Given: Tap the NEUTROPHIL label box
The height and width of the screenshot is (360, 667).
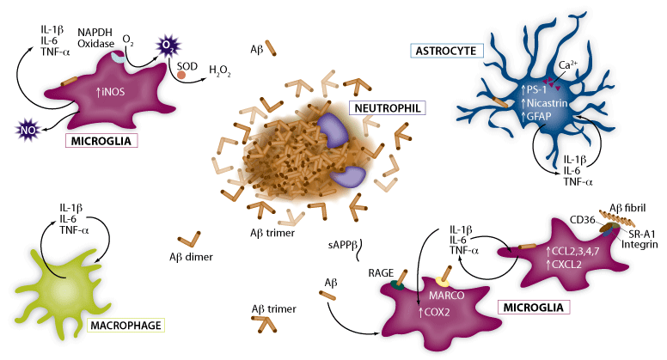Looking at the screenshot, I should click(387, 107).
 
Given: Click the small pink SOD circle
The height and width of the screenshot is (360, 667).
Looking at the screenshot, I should click(181, 76).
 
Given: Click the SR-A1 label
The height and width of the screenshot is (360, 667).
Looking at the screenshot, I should click(642, 232).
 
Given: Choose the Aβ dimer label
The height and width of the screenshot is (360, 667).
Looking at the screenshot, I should click(192, 256).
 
